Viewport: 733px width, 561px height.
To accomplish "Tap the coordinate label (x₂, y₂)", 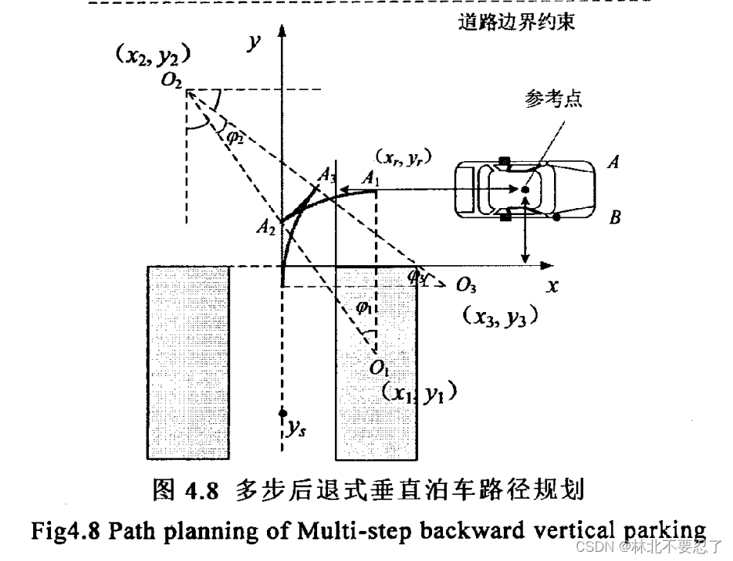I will coord(153,55).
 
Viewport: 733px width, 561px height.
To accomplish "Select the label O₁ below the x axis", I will coord(379,368).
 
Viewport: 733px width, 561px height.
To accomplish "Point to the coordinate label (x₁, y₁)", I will coord(420,393).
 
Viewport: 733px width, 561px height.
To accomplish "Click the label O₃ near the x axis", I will coord(466,287).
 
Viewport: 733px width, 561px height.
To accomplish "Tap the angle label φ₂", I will coord(235,136).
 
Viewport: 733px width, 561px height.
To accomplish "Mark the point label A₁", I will coord(372,178).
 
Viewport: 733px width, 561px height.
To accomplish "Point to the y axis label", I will coord(252,42).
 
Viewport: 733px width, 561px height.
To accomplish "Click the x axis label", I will coord(552,285).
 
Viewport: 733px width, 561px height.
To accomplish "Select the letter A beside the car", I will coord(614,163).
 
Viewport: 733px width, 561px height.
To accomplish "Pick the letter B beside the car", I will coord(615,218).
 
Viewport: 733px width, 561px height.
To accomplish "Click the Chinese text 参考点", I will coord(554,101).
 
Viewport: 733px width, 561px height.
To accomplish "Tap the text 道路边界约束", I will coord(516,22).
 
